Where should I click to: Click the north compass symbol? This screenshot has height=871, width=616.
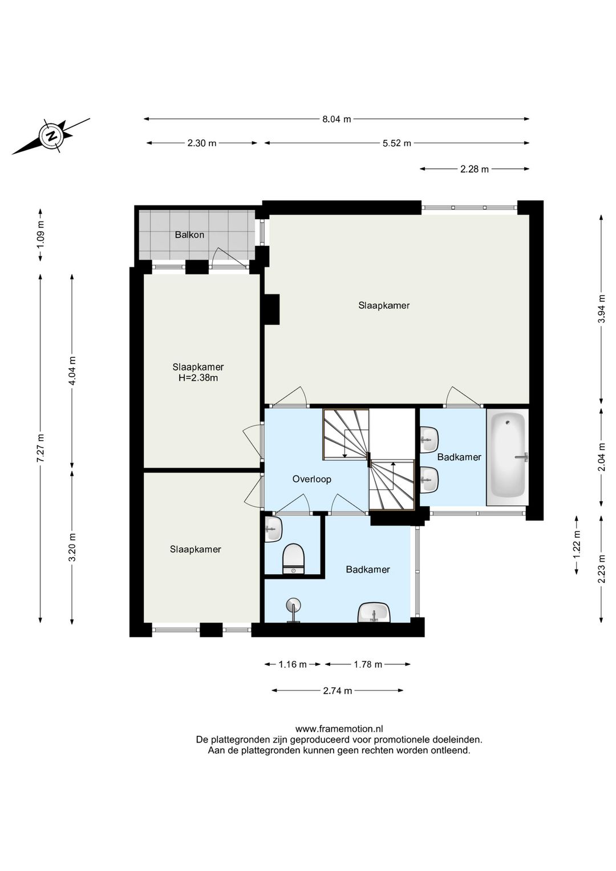click(51, 136)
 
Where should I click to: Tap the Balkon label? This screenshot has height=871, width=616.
click(189, 235)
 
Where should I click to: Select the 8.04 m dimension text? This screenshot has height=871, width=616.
click(337, 119)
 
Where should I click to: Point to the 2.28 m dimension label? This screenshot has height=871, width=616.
click(475, 169)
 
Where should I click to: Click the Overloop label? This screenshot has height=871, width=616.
click(311, 479)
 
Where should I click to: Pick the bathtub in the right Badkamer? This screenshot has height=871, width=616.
click(508, 457)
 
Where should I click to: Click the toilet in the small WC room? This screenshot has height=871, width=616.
click(293, 559)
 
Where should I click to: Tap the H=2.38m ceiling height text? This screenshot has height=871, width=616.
click(198, 377)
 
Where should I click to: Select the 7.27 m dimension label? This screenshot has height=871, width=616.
click(40, 447)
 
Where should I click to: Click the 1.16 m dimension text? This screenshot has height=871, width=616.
click(293, 664)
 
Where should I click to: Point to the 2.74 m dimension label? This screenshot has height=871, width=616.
click(337, 691)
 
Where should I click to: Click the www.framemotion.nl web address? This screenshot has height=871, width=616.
click(339, 729)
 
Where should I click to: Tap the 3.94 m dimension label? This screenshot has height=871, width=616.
click(602, 309)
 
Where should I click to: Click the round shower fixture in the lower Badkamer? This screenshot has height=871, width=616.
click(293, 611)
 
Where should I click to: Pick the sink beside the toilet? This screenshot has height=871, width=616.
click(273, 529)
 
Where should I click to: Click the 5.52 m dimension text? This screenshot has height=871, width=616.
click(397, 143)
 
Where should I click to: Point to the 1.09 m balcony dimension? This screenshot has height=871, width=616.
click(40, 235)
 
